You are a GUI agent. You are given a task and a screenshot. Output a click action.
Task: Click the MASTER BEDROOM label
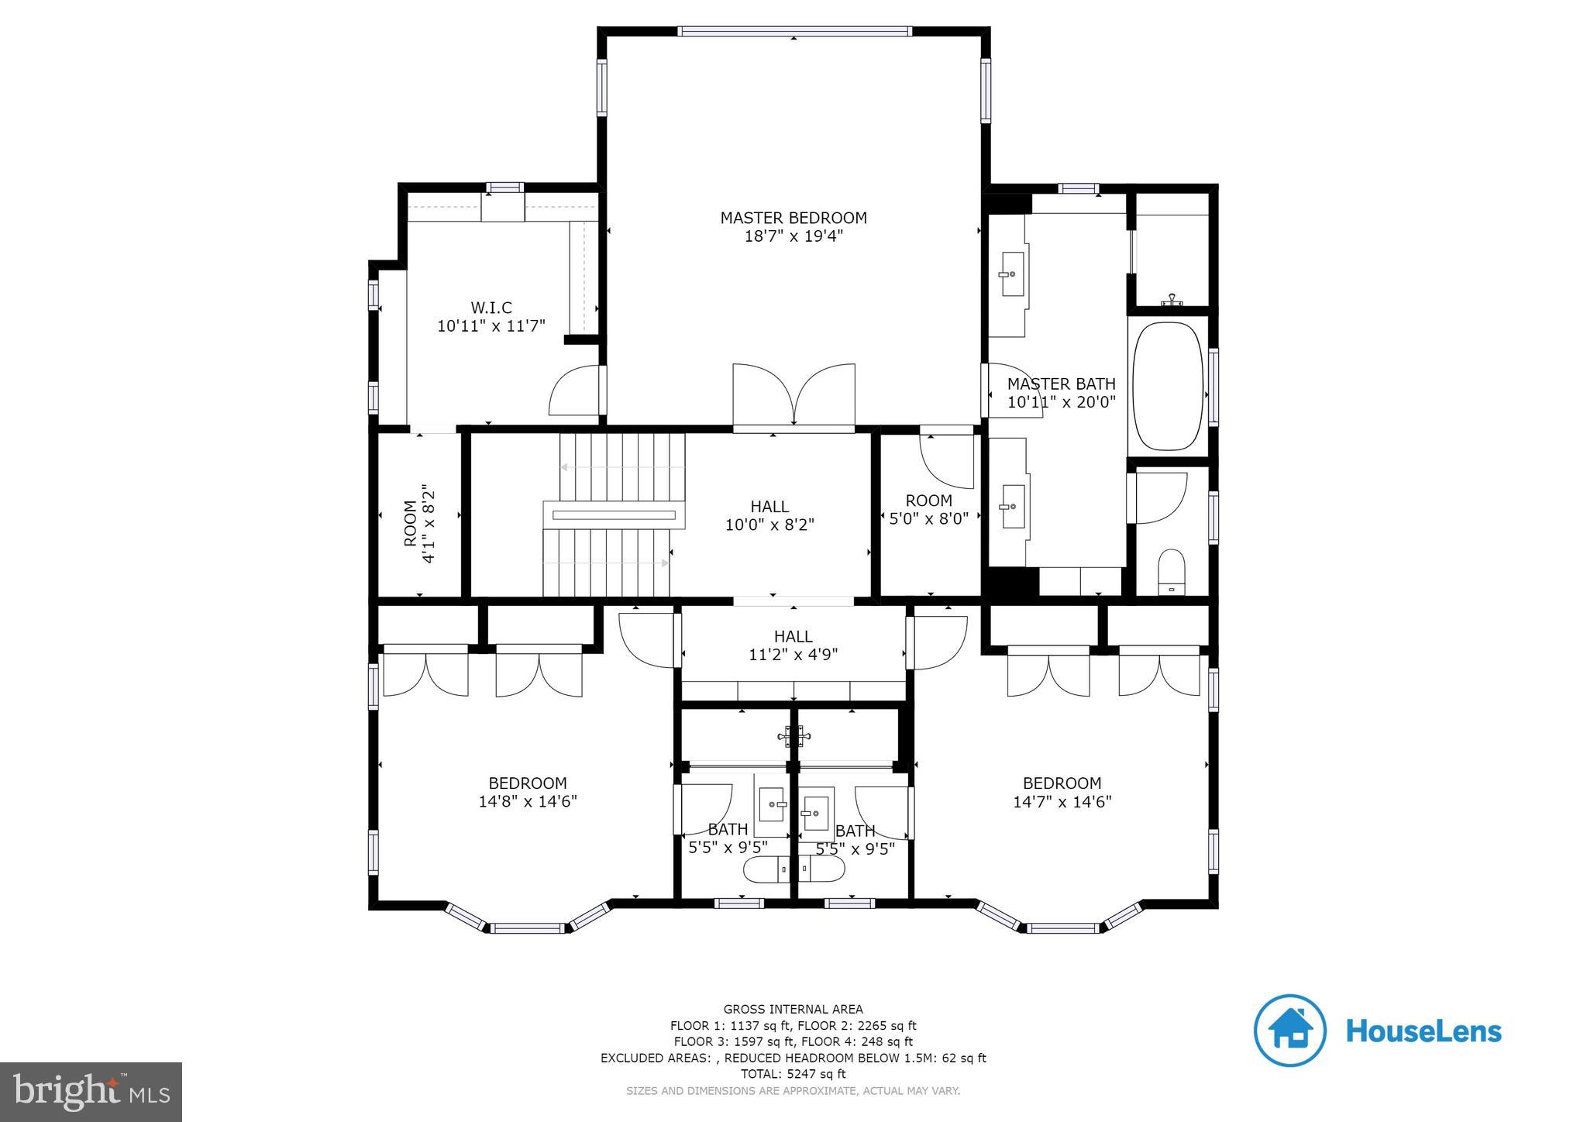793,218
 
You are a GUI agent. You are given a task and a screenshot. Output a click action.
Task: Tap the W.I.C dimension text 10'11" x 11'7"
491,326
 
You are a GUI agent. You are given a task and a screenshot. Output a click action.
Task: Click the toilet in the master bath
1171,572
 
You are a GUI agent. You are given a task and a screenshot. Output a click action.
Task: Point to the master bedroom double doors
793,394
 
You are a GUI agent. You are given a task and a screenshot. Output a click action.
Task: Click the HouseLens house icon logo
1290,1031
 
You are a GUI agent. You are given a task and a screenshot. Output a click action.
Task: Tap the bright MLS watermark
91,1092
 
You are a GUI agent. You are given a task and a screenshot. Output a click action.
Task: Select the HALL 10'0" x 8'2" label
769,515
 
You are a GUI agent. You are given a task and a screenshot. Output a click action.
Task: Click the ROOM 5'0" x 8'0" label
928,509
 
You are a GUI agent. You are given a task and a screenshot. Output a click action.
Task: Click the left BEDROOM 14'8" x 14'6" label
527,792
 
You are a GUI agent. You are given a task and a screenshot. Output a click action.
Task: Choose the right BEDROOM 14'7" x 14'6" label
1062,792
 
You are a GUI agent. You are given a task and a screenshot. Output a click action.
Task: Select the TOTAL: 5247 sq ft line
793,1074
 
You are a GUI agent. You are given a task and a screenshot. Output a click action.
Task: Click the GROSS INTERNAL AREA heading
793,1009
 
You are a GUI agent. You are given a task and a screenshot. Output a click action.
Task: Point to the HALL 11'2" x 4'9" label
793,645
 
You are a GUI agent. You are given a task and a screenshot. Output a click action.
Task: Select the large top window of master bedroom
793,32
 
